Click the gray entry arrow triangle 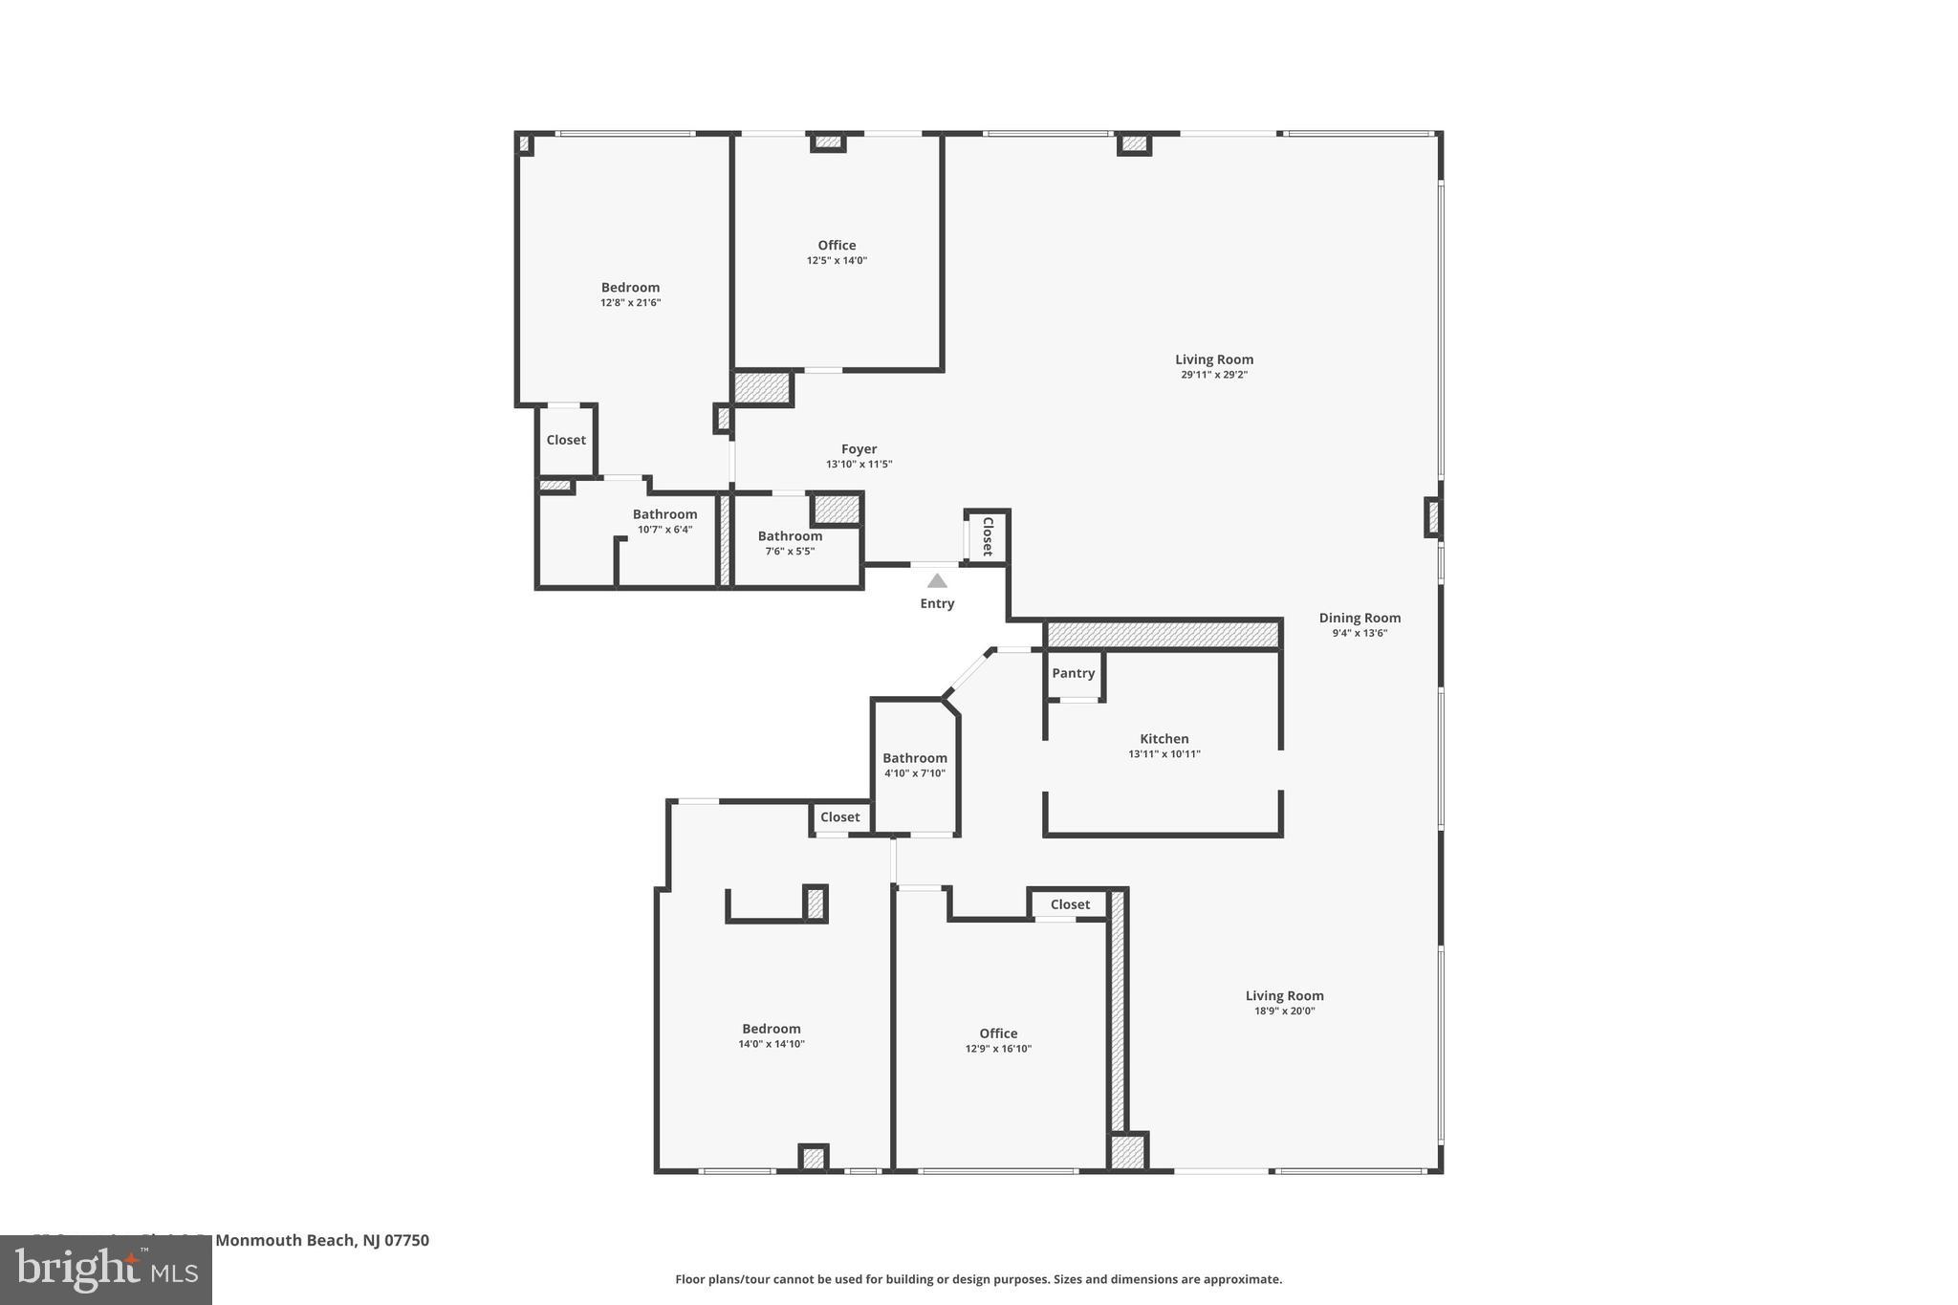(937, 580)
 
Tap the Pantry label (1073, 673)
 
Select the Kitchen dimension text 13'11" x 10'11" (1164, 754)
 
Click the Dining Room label (1360, 618)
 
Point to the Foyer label (859, 448)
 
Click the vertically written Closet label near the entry (988, 536)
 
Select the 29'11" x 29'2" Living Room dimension (1213, 375)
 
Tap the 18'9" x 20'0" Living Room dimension (1284, 1011)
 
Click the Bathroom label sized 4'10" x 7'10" (914, 758)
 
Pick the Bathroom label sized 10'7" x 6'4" (664, 514)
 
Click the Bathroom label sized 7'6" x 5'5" (790, 536)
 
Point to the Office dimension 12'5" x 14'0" (837, 261)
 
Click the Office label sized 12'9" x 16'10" (998, 1033)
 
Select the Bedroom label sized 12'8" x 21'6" (630, 288)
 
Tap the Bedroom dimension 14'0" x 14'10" (771, 1045)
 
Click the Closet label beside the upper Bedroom (566, 440)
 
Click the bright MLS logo (106, 1270)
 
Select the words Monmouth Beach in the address (284, 1240)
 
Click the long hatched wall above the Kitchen (1163, 635)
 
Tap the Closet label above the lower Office (1070, 904)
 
